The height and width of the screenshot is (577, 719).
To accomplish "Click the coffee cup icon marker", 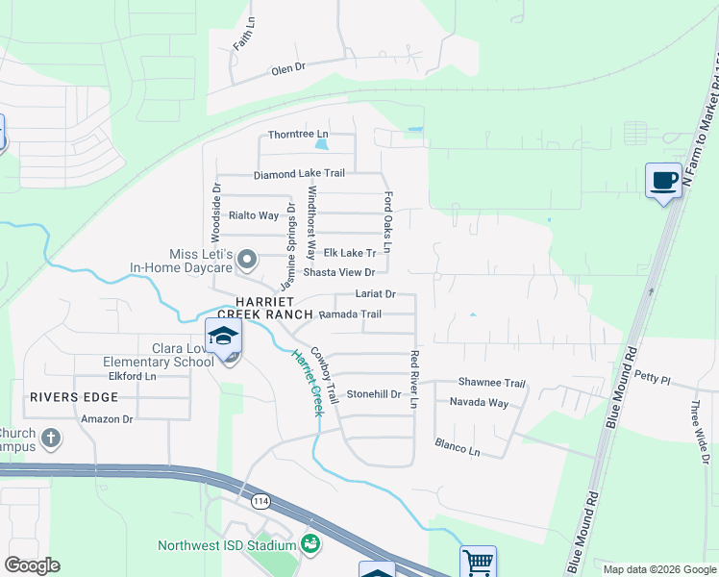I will click(x=663, y=180).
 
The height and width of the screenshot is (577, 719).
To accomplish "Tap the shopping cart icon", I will click(x=477, y=561).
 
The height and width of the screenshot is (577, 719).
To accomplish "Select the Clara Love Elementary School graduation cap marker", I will click(x=223, y=337).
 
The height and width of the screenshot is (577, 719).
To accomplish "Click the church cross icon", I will click(x=52, y=439).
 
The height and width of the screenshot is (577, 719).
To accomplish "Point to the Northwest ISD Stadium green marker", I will click(x=310, y=544).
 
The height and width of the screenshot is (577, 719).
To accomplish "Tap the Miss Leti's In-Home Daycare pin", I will click(x=247, y=259).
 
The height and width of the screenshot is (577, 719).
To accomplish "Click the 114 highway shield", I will click(x=260, y=502).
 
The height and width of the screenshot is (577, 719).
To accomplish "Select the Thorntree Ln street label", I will click(x=298, y=134).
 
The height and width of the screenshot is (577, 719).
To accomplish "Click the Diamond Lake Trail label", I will click(x=299, y=174).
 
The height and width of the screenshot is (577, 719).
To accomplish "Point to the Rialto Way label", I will click(x=253, y=215).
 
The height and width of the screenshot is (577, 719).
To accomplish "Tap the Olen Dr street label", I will click(x=287, y=69).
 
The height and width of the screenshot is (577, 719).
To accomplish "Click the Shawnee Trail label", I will click(x=491, y=382).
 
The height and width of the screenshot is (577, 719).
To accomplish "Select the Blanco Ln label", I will click(x=457, y=447).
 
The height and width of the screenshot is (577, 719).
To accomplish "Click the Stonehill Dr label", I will click(x=374, y=394).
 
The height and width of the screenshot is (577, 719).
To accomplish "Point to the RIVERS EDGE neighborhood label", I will click(x=65, y=396).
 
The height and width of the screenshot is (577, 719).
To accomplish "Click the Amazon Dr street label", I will click(x=107, y=419).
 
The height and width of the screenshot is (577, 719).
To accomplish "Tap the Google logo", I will click(x=33, y=565).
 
